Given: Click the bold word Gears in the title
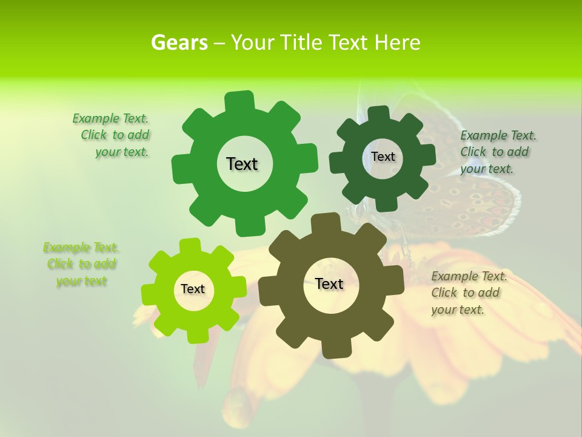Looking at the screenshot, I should tap(179, 42).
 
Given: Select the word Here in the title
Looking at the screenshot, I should tap(398, 42).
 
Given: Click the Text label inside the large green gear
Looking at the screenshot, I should tap(242, 164).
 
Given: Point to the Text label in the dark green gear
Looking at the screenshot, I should tap(383, 157).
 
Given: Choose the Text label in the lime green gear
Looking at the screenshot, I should tap(193, 290).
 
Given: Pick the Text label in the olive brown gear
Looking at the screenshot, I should tap(329, 284).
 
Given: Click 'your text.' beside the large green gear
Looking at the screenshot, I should tap(122, 152).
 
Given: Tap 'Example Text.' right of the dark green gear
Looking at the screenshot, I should tap(498, 135).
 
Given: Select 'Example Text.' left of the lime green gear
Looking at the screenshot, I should tap(81, 248).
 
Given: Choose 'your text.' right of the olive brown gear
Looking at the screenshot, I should tap(458, 310).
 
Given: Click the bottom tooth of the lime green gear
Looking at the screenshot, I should tap(197, 334).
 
